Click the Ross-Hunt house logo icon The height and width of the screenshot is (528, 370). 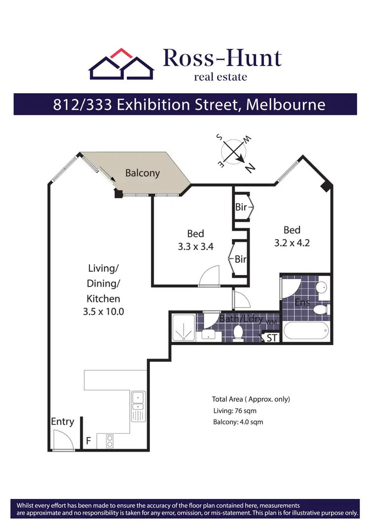[x=121, y=65]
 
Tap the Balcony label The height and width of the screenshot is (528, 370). [x=142, y=173]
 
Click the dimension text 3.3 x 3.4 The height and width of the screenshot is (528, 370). [x=195, y=247]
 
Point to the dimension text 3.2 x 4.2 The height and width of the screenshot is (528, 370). [x=292, y=243]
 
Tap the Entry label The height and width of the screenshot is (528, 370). [x=63, y=422]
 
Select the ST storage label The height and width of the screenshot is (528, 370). [x=271, y=338]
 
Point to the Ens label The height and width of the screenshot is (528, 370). [x=302, y=302]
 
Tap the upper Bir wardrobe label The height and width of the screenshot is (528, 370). [x=241, y=208]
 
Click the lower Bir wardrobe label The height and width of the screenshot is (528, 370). [x=240, y=259]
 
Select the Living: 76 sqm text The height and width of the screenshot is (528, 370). [x=234, y=411]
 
